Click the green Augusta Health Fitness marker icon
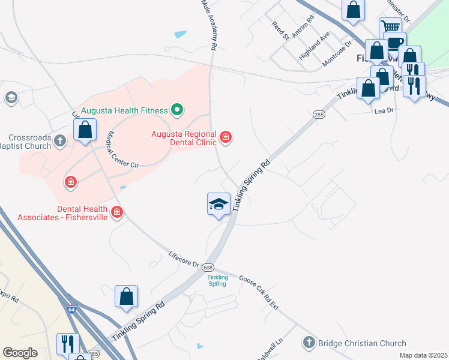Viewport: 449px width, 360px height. [x=176, y=110]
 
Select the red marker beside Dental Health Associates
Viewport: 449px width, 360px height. [x=116, y=212]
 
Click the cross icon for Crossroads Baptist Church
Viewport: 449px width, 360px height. [x=59, y=141]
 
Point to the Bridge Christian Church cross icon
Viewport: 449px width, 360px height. [x=309, y=343]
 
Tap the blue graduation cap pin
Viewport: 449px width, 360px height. [x=218, y=204]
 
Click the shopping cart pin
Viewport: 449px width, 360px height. [x=390, y=27]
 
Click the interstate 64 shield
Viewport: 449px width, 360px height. [x=71, y=310]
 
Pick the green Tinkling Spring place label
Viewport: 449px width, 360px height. [x=217, y=280]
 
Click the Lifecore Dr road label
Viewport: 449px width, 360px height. [x=184, y=259]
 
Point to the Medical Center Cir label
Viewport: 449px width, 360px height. [x=123, y=150]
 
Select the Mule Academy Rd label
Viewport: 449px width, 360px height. [x=208, y=24]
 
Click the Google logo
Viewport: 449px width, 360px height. [x=20, y=353]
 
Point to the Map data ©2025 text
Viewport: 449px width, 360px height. [x=423, y=355]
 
